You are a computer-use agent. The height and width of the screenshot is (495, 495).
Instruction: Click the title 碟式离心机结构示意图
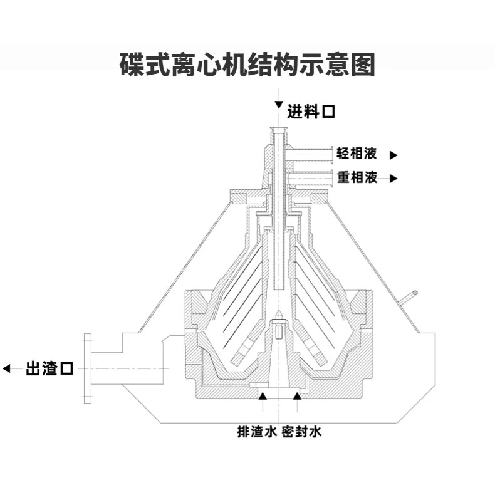tap(247, 65)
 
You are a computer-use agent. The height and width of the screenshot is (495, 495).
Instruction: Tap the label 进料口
tap(311, 113)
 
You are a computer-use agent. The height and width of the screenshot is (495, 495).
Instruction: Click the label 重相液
tap(357, 177)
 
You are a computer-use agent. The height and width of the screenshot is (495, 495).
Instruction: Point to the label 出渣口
tap(49, 368)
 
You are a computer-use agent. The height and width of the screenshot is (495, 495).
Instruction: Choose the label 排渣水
tap(257, 432)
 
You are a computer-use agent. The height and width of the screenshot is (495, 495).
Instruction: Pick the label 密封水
tap(301, 432)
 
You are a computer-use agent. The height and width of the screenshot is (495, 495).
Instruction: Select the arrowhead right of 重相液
tap(393, 178)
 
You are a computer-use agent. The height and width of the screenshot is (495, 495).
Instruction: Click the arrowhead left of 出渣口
tap(8, 368)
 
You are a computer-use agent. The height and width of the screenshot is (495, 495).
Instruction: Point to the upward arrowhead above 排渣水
tap(263, 395)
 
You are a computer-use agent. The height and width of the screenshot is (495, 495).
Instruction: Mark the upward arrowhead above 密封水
tap(298, 395)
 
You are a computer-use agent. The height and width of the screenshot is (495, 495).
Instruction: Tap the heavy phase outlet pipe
tap(310, 178)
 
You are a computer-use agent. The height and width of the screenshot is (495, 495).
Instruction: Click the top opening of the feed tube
tap(278, 130)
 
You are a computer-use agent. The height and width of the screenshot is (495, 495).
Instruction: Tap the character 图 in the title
tap(363, 65)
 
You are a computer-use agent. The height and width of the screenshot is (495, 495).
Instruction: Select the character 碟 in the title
tap(132, 65)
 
